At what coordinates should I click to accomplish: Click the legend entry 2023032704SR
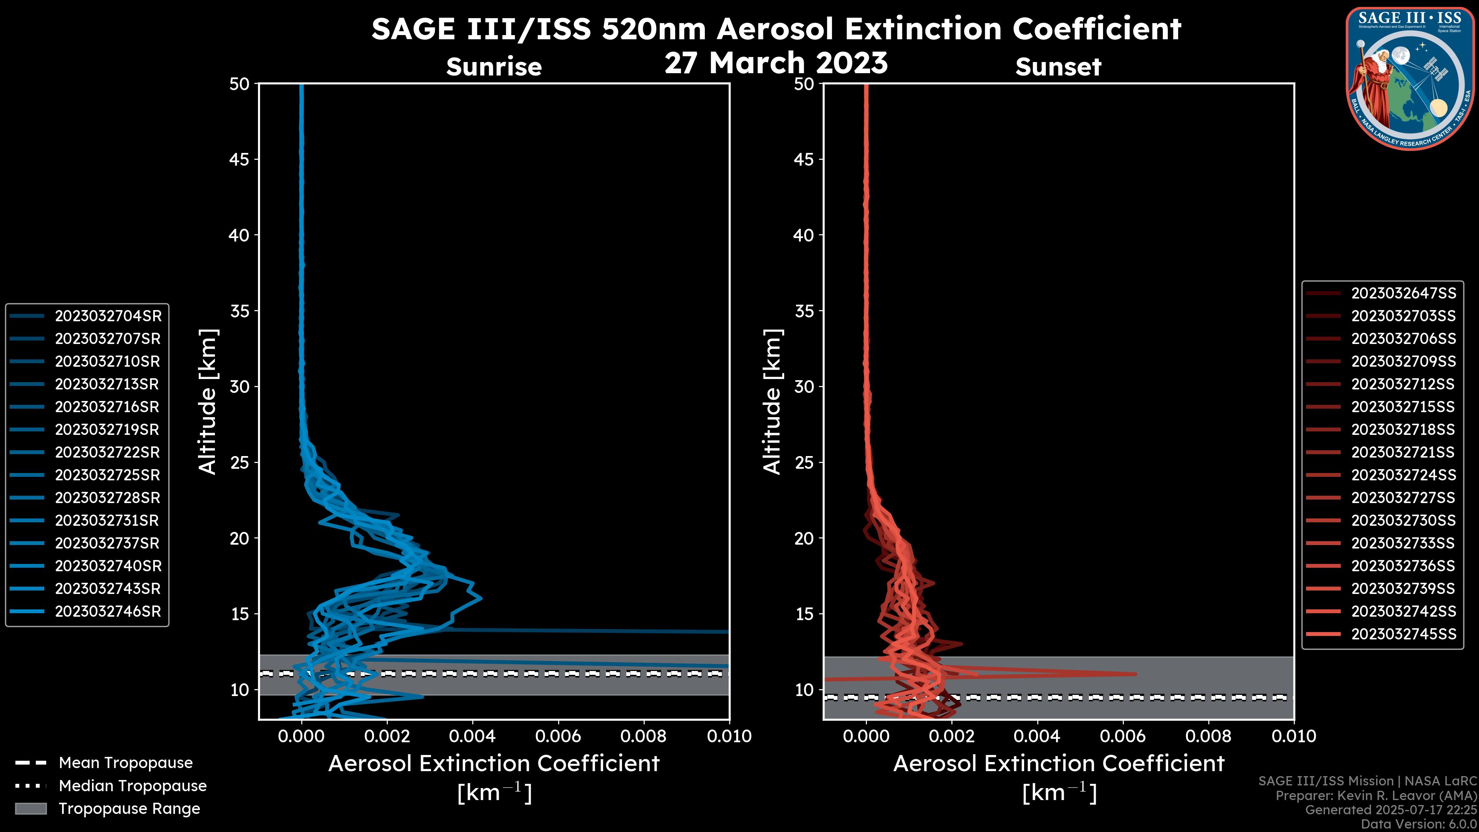(108, 316)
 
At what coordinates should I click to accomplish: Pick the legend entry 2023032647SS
(1403, 294)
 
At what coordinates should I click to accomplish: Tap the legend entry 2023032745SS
(1403, 634)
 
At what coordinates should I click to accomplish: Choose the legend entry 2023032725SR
(108, 475)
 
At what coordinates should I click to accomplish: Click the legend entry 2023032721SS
(1403, 453)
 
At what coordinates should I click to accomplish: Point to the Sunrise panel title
(494, 67)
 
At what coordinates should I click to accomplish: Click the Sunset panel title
(1058, 67)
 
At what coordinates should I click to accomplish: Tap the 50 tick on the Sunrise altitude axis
(240, 84)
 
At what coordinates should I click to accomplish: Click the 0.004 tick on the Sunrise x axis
(472, 736)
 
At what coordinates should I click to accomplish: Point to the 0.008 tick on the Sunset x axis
(1209, 736)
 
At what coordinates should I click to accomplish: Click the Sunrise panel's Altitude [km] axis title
(207, 401)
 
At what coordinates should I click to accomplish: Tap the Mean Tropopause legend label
(126, 763)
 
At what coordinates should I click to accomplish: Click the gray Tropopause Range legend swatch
(30, 809)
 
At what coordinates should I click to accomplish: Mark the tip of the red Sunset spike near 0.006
(1135, 674)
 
